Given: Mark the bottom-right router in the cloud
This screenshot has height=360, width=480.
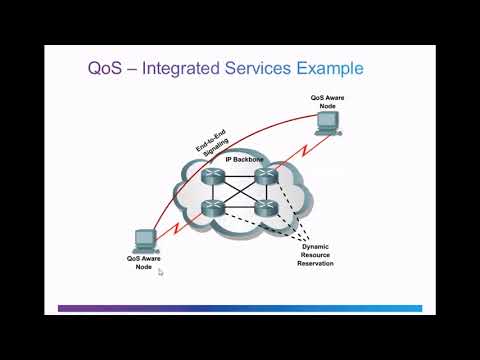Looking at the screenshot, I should click(264, 209).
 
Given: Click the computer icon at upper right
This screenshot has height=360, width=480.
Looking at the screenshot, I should click(327, 122).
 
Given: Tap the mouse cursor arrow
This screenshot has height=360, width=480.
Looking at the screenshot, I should click(161, 271).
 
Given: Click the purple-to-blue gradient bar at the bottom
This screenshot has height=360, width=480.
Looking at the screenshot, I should click(240, 308).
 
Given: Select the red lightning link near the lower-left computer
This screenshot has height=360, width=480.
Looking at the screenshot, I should click(176, 227).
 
